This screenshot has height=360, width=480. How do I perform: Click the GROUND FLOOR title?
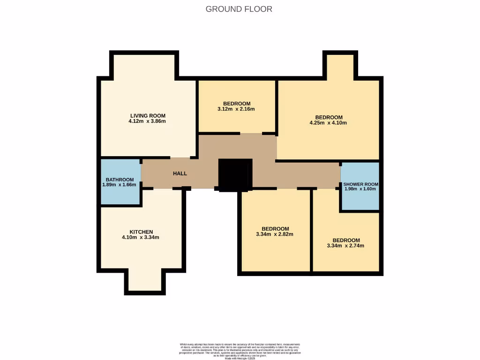(239, 9)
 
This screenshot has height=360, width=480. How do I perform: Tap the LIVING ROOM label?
(148, 115)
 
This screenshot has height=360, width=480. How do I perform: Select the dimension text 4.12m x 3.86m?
(147, 121)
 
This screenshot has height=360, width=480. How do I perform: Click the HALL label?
(180, 173)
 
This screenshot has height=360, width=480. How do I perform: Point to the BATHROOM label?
(120, 180)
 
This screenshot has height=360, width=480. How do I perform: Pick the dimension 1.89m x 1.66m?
(119, 185)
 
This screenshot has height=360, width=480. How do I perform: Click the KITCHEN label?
(142, 232)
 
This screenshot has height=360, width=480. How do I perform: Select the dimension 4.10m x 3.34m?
(141, 237)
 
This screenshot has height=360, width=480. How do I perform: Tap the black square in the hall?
(235, 175)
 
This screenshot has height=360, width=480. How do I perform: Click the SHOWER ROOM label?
(360, 184)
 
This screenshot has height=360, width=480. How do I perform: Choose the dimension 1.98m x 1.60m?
(360, 189)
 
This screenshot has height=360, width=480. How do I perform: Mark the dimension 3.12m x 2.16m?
(236, 109)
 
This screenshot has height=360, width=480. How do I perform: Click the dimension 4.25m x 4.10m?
(328, 123)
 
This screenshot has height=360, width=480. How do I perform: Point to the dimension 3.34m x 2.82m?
(275, 234)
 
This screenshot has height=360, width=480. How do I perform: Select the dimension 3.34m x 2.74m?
(345, 246)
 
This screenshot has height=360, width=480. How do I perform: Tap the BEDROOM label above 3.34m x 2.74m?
(346, 240)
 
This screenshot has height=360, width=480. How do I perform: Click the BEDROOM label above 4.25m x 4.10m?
(329, 117)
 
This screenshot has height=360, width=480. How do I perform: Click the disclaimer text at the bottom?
(240, 351)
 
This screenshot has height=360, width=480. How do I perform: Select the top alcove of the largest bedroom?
(339, 66)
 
